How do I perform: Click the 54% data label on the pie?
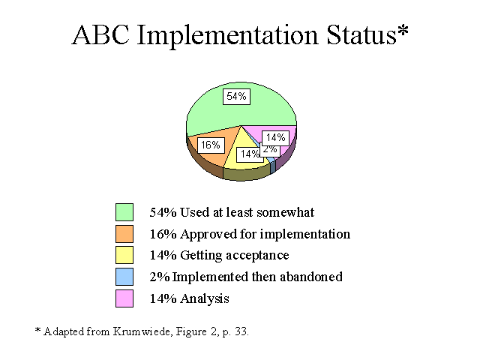pos(236,97)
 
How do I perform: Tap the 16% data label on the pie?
pos(211,145)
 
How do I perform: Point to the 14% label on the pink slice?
pos(276,138)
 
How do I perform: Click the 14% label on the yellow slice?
pos(249,154)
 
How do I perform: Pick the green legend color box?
pos(124,212)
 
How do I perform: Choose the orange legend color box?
pos(124,234)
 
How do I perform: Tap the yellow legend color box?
pos(124,255)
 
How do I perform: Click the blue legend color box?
pos(124,277)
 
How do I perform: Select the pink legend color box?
pos(124,298)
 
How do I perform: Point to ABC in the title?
pos(100,35)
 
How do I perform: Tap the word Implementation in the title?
pos(228,36)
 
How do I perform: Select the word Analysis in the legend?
pos(205,298)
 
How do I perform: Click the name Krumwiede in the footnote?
pos(142,331)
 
